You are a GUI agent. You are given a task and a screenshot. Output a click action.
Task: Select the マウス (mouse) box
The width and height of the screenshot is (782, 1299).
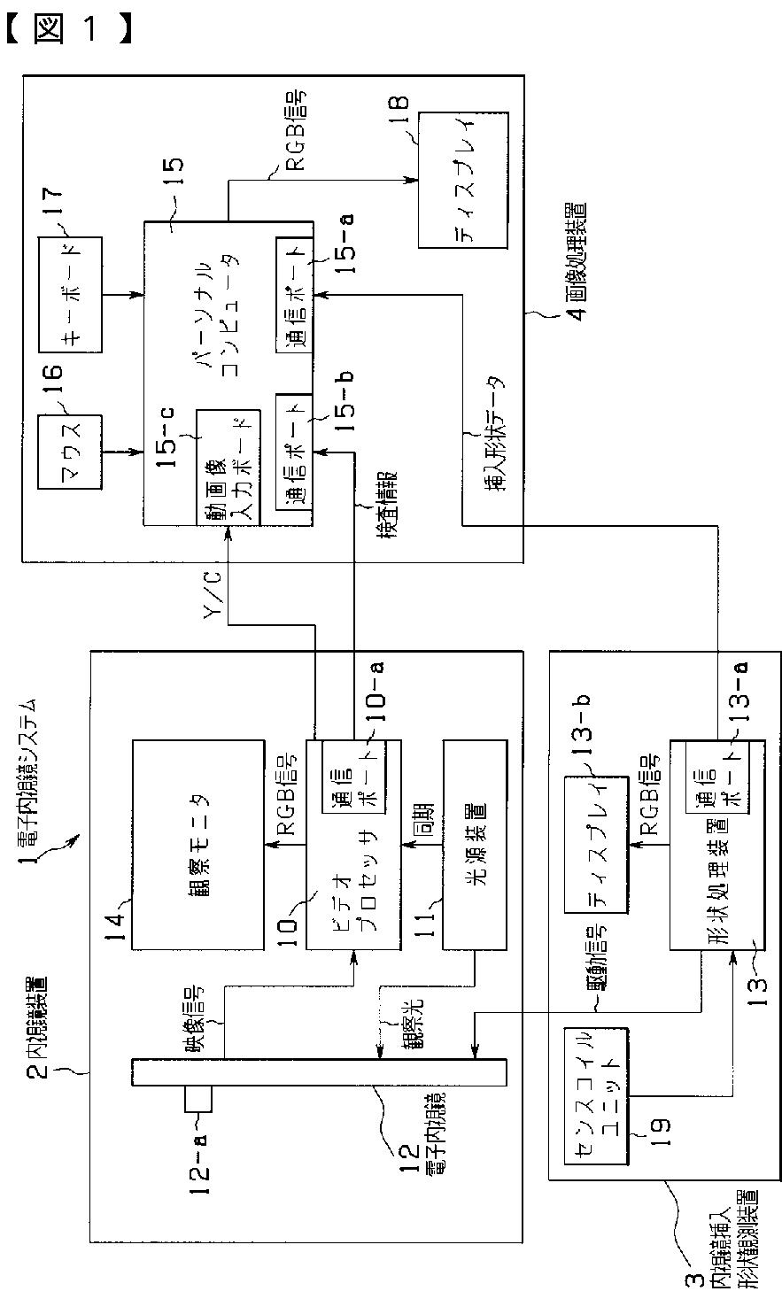(72, 450)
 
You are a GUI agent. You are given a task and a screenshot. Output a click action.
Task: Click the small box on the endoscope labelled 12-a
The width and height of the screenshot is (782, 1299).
(199, 1099)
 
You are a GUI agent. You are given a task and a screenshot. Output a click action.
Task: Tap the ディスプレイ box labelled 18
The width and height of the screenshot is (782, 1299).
(463, 180)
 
